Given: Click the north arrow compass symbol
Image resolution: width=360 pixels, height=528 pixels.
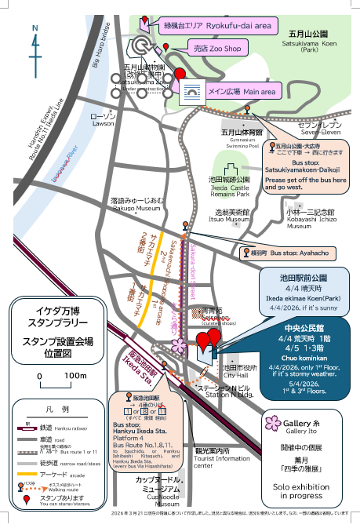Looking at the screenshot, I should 35,39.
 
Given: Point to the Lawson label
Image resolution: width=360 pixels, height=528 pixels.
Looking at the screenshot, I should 103,119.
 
